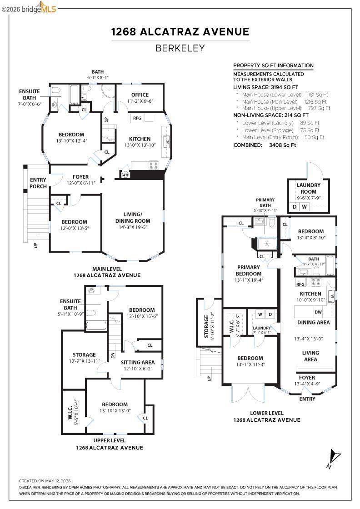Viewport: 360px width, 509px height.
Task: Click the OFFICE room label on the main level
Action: pos(140,95)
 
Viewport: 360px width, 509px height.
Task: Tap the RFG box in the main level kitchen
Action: pos(137,118)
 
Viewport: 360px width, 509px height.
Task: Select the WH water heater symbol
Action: pos(125,175)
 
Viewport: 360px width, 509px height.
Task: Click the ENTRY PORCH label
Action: pos(38,183)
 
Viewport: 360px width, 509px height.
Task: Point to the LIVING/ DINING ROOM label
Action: pos(133,218)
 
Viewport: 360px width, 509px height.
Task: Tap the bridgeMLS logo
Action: pos(29,8)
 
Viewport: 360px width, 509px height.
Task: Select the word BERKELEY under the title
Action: pos(180,48)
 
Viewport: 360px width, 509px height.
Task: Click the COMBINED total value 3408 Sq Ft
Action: pos(282,145)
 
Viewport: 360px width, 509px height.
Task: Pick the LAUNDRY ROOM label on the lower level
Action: pos(308,188)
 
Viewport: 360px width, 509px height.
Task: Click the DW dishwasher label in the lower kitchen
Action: pos(318,312)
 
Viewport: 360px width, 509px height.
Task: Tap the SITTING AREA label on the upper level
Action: pos(138,362)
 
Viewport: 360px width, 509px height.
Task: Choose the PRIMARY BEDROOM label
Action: pos(248,270)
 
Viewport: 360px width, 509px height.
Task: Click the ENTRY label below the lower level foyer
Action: pos(307,399)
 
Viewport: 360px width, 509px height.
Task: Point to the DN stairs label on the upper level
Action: pos(113,355)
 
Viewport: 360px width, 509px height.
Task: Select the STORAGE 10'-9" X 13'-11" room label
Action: pos(84,357)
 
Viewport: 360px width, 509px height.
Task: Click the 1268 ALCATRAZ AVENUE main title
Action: pos(180,31)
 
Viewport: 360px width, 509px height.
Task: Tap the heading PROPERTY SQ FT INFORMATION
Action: pos(273,65)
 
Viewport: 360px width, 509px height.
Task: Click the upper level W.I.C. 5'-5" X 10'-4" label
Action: pos(73,412)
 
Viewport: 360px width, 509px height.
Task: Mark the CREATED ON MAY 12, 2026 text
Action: pos(45,481)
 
